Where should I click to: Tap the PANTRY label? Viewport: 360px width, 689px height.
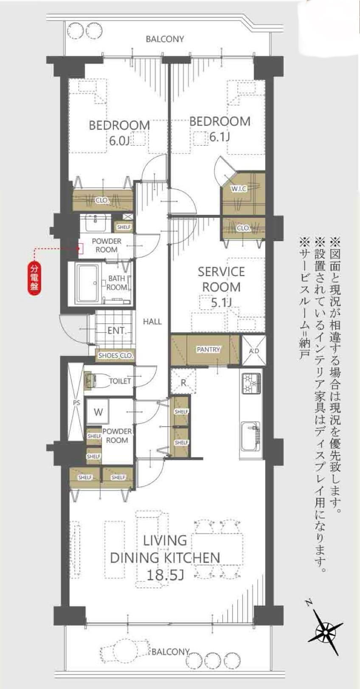(208, 349)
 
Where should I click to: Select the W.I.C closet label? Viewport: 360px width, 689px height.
(239, 188)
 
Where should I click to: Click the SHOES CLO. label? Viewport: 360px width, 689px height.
(115, 356)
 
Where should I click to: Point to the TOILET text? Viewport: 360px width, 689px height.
(120, 381)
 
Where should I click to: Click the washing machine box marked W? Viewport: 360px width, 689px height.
(98, 412)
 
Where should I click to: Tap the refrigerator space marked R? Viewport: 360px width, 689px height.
(183, 382)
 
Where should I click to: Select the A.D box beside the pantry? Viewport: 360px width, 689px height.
(254, 351)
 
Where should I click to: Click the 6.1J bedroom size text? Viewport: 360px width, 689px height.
(219, 137)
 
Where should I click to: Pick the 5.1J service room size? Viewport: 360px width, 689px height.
(221, 303)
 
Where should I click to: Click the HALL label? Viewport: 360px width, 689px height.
(152, 322)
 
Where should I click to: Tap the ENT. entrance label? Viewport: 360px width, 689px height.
(117, 331)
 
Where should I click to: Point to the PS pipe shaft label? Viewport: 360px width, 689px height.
(76, 402)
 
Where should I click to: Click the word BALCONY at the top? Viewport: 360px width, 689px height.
(165, 39)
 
